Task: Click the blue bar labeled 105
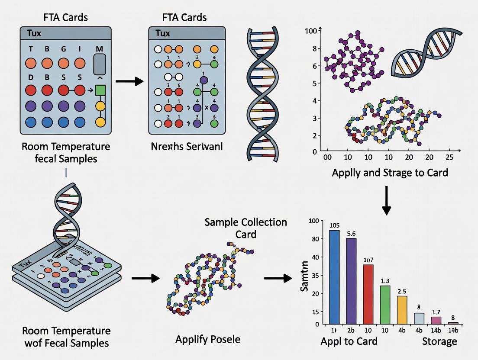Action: pos(335,277)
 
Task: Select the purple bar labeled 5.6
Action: pos(351,281)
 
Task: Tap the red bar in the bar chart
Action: pos(368,294)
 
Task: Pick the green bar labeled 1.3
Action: pos(385,305)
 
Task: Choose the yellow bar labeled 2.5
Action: pos(402,310)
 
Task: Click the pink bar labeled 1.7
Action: pos(436,320)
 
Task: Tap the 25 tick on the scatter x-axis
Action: pos(449,158)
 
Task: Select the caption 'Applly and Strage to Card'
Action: pos(390,172)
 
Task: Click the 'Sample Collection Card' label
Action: pos(245,228)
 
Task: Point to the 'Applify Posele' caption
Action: pos(208,339)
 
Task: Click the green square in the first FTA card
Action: pos(100,90)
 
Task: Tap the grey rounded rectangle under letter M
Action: pos(100,66)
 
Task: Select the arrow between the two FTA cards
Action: pos(130,81)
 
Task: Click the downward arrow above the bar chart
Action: pos(386,200)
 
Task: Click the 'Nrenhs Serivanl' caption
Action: pos(186,146)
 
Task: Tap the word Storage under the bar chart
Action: pos(439,341)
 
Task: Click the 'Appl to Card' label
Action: pos(349,341)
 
